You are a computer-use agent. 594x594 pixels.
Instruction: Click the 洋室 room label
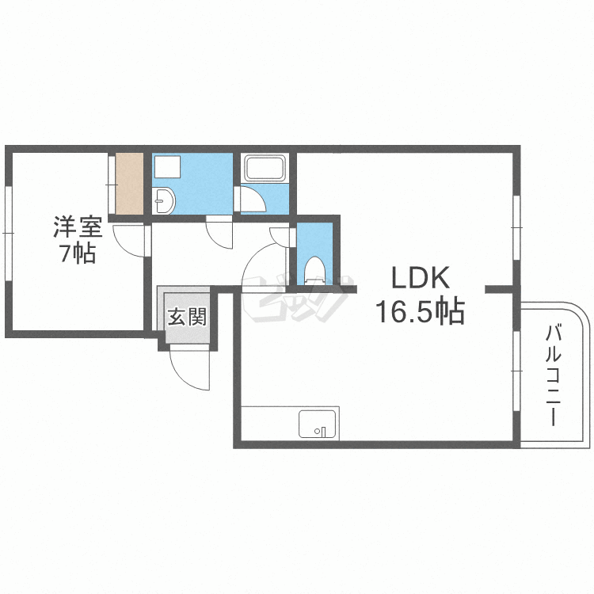coord(77,227)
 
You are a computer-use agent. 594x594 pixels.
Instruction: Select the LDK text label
coord(421,279)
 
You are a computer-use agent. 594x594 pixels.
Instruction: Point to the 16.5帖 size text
coord(420,312)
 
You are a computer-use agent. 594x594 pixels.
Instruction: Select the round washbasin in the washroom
coord(163,202)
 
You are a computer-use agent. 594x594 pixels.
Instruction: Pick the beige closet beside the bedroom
coord(129,183)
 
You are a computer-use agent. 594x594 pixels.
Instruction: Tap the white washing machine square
coord(167,167)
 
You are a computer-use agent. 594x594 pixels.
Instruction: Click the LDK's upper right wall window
coord(516,227)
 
